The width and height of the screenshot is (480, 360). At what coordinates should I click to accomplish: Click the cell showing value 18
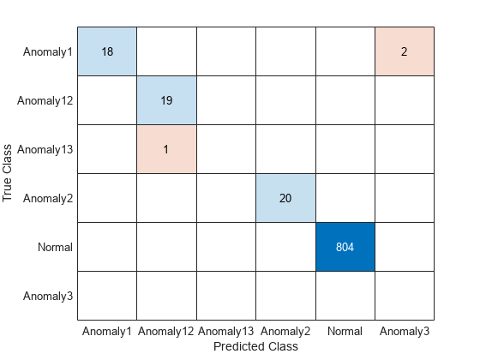pos(107,51)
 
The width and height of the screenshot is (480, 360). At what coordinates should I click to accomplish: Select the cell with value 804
pos(345,247)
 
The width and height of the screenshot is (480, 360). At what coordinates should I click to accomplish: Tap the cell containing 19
pos(167,100)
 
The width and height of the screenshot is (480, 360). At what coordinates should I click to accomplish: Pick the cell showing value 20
pos(286,198)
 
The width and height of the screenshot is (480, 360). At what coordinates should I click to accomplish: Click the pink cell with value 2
pos(405,51)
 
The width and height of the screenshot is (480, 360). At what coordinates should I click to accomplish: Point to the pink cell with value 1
pos(167,149)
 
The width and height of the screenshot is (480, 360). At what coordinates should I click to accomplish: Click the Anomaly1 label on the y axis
pos(48,51)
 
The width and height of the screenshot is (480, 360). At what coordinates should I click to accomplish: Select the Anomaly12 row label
pos(45,100)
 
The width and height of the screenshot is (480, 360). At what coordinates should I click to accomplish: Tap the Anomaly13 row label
pos(45,149)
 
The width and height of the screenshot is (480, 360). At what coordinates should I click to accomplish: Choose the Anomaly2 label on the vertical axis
pos(48,198)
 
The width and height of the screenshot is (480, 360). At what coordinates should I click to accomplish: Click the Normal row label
pos(55,247)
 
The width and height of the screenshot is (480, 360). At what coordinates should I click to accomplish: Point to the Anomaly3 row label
pos(48,296)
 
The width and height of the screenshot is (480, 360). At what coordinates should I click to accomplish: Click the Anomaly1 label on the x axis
pos(107,331)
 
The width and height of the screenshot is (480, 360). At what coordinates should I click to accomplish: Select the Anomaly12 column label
pos(167,331)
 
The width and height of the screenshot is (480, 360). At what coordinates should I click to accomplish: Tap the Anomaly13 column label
pos(226,331)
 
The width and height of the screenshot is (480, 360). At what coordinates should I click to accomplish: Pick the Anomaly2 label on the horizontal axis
pos(286,331)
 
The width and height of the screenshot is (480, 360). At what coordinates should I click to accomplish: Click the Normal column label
pos(345,331)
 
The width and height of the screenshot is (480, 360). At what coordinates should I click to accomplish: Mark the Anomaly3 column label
pos(405,331)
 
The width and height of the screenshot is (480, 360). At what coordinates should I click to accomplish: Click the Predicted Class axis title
pos(256,346)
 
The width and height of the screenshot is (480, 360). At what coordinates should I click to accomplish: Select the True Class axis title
pos(9,173)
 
